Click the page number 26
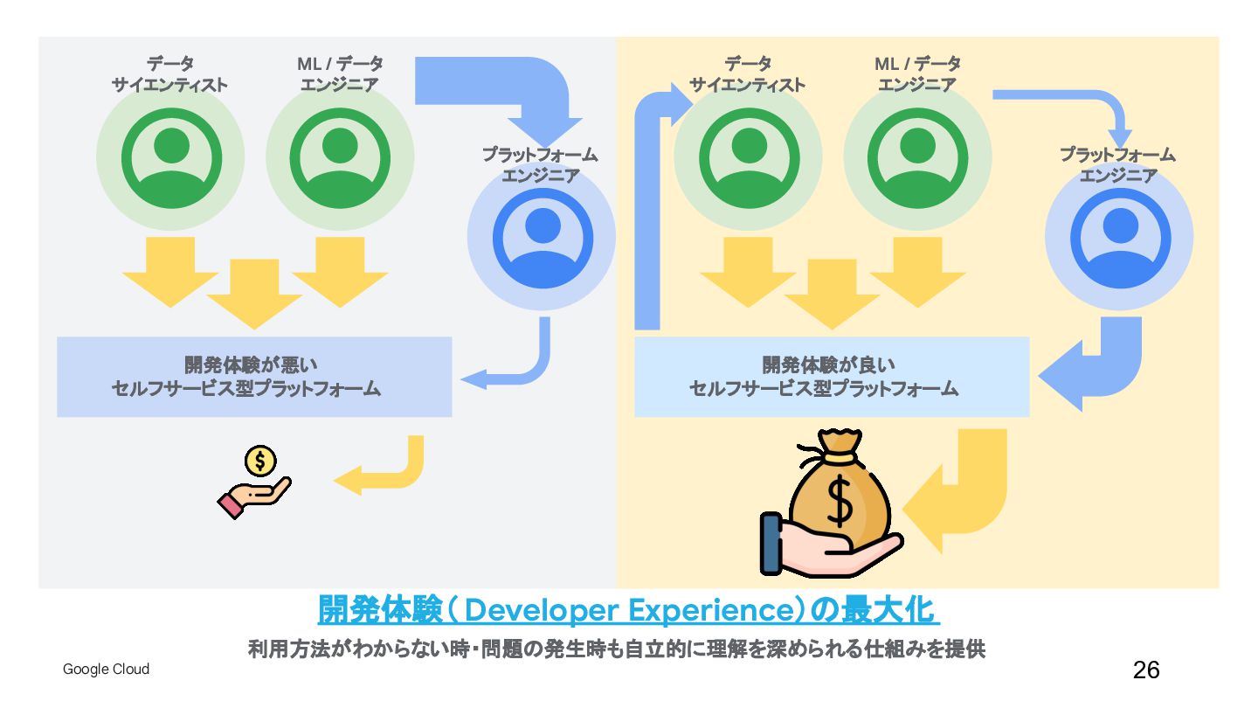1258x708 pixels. (1146, 670)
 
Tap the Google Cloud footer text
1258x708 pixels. (106, 670)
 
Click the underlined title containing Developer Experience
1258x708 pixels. (628, 610)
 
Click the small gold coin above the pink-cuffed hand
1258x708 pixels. (260, 460)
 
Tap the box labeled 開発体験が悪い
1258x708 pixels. (254, 377)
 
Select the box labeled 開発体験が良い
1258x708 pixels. (831, 377)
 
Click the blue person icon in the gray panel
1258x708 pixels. (542, 237)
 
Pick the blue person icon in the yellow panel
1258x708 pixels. (1119, 237)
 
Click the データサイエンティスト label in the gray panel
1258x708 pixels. (169, 74)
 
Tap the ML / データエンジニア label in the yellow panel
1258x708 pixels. (917, 74)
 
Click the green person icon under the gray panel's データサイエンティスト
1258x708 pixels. (170, 157)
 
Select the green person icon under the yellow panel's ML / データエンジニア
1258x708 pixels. (917, 157)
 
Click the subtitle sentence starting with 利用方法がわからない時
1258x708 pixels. (617, 650)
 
